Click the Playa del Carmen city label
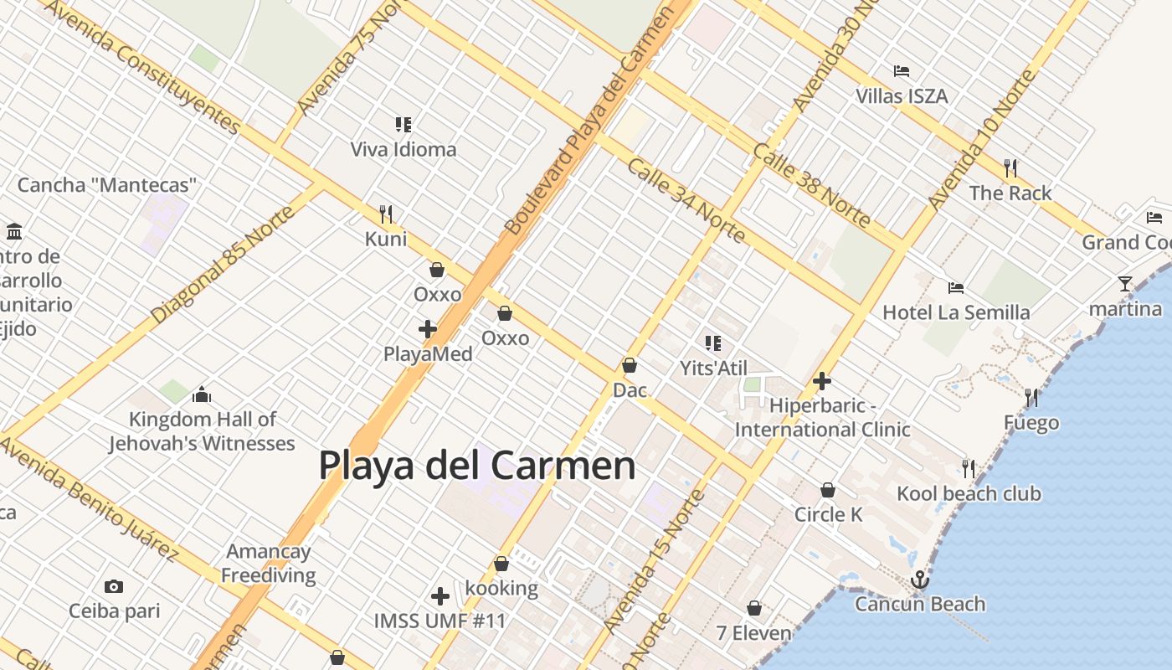point(477,466)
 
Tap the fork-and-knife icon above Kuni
point(386,214)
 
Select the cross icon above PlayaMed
point(428,329)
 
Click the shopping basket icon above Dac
point(630,365)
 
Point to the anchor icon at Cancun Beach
point(920,579)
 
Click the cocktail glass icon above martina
point(1125,284)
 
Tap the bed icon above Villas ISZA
point(902,71)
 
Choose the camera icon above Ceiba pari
point(114,586)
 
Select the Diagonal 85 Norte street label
point(223,265)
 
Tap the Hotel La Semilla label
point(956,313)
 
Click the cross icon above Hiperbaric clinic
point(822,381)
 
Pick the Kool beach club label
point(969,494)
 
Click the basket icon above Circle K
point(828,490)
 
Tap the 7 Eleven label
point(753,633)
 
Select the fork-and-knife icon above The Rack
point(1010,168)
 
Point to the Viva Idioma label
point(404,150)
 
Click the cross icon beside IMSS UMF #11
point(440,596)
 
